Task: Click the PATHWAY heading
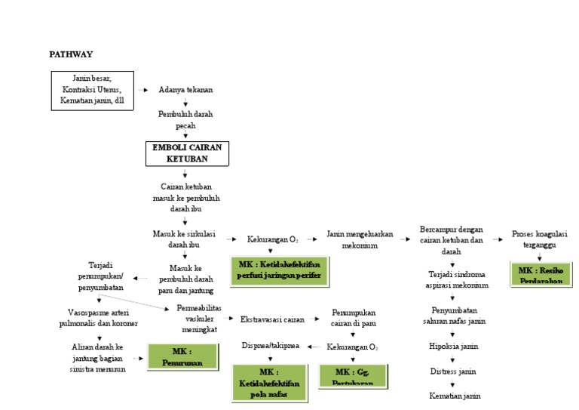[71, 54]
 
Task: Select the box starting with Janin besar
[93, 90]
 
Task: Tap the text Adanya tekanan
[185, 89]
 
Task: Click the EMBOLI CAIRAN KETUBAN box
[185, 153]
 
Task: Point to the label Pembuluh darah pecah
[185, 119]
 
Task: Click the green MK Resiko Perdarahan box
[540, 275]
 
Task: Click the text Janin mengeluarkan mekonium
[360, 239]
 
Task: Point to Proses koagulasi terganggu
[540, 239]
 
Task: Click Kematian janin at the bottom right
[455, 396]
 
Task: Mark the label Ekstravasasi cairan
[272, 319]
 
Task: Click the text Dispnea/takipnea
[270, 345]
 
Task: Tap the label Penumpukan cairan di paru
[353, 317]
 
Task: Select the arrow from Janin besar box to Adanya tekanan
[143, 90]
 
